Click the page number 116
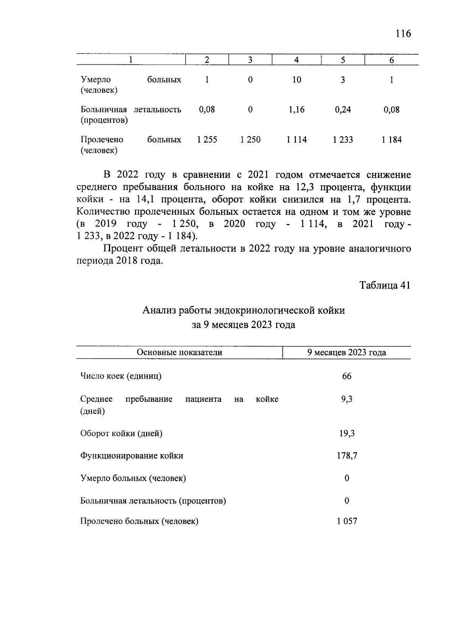(403, 34)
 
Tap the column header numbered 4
(297, 60)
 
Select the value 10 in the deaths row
(297, 80)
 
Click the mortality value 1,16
(297, 110)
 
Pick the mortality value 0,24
(343, 110)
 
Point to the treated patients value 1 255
(207, 140)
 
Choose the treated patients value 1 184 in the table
(392, 140)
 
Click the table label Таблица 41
(385, 285)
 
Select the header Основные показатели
(179, 353)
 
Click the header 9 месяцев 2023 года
(347, 353)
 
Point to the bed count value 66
(347, 376)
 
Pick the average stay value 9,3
(347, 399)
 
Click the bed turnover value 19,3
(347, 433)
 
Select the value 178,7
(347, 455)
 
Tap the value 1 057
(347, 521)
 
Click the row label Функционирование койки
(132, 455)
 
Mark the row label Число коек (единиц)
(121, 376)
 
